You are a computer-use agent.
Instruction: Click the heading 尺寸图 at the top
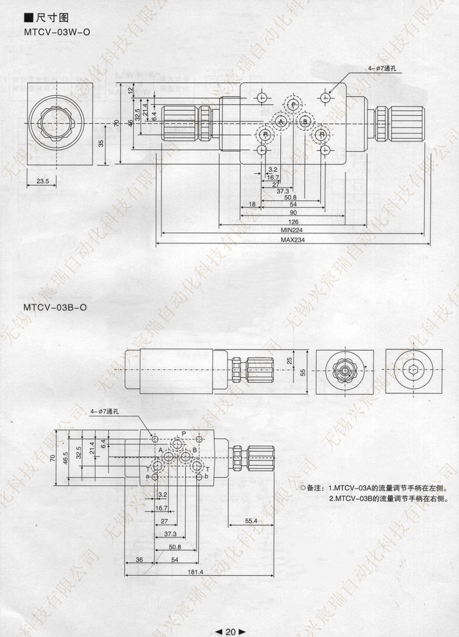pos(52,18)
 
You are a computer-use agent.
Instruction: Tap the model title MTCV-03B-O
pos(54,307)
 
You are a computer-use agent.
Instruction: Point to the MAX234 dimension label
pos(292,240)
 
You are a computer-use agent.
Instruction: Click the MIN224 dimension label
pos(292,230)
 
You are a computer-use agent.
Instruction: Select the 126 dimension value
pos(293,222)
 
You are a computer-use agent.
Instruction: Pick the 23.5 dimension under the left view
pos(42,181)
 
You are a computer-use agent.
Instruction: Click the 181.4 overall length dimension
pos(195,572)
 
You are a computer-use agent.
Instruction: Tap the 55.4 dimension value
pos(251,521)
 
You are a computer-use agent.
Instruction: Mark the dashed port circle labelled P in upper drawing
pos(293,105)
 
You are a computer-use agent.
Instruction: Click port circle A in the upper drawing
pos(281,121)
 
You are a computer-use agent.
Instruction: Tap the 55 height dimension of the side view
pos(302,372)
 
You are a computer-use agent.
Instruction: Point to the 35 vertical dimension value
pos(101,143)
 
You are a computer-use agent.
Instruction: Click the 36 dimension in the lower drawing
pos(139,560)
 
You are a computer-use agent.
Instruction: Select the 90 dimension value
pos(293,213)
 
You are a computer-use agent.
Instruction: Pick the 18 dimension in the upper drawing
pos(252,204)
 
